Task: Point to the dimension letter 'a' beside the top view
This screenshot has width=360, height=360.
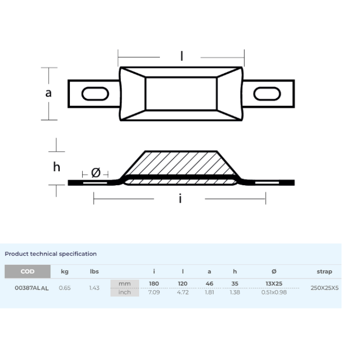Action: pos(48,93)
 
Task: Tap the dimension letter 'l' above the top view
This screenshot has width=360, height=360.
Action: pos(182,56)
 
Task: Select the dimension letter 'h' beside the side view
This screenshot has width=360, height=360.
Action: pos(57,167)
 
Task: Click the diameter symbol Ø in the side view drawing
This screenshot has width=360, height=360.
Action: pos(96,173)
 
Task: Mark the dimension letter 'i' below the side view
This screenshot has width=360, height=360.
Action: pos(180,199)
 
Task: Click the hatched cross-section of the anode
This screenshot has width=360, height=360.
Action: pos(180,164)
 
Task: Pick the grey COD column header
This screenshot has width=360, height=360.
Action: pos(28,272)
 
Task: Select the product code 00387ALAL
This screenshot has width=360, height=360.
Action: pos(32,288)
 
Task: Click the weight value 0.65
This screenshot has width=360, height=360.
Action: pos(65,288)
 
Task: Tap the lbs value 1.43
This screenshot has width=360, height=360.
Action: pos(94,288)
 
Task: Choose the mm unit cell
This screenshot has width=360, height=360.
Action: pos(124,283)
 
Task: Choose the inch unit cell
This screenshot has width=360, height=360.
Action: pos(124,292)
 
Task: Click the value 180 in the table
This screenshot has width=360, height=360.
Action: pos(154,283)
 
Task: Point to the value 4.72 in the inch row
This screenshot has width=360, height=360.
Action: pos(183,292)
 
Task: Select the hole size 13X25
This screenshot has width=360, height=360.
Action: pos(274,283)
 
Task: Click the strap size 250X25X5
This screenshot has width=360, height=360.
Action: pos(325,288)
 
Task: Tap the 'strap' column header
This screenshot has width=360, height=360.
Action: pos(325,272)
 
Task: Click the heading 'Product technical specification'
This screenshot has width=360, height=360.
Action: pos(50,254)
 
